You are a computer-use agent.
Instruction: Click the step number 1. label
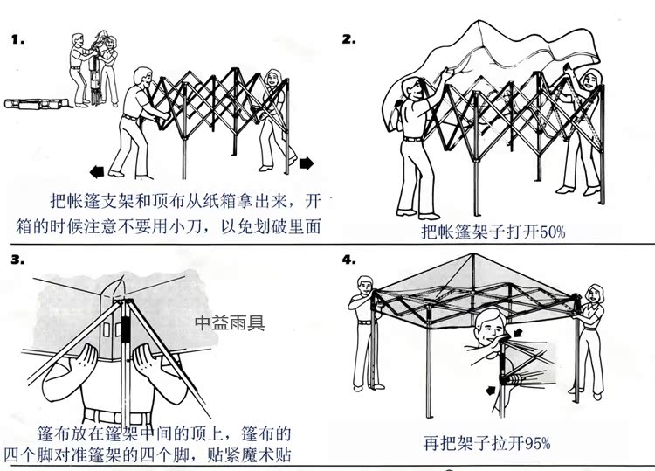click(17, 40)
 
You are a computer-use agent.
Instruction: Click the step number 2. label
click(348, 39)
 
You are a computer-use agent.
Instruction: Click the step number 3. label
click(17, 260)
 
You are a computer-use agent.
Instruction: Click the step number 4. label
click(348, 260)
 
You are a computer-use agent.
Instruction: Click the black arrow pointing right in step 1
click(307, 163)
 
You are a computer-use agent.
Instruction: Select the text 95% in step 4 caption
click(534, 442)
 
